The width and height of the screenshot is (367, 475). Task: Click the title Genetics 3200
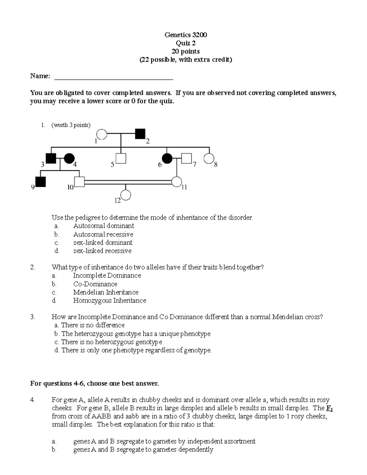[x=186, y=35]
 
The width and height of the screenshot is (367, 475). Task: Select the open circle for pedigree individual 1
[x=102, y=134]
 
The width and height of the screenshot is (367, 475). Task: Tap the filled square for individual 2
[x=140, y=134]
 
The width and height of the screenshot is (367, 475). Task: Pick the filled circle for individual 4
[x=69, y=158]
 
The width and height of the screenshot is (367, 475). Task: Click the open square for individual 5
[x=121, y=158]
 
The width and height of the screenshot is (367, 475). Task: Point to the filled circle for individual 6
[x=167, y=158]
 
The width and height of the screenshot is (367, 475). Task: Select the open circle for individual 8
[x=209, y=158]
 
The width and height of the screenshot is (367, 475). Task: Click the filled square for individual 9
[x=40, y=182]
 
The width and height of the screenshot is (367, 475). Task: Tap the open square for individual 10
[x=80, y=182]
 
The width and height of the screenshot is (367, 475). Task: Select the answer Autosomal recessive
[x=103, y=234]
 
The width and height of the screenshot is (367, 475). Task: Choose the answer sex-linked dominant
[x=103, y=243]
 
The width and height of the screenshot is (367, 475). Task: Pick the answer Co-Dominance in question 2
[x=95, y=284]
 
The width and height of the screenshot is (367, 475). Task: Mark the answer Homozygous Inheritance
[x=109, y=300]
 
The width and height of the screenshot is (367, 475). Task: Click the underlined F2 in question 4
[x=329, y=408]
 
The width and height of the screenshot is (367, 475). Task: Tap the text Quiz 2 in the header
[x=186, y=43]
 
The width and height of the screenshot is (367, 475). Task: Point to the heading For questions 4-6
[x=94, y=383]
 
